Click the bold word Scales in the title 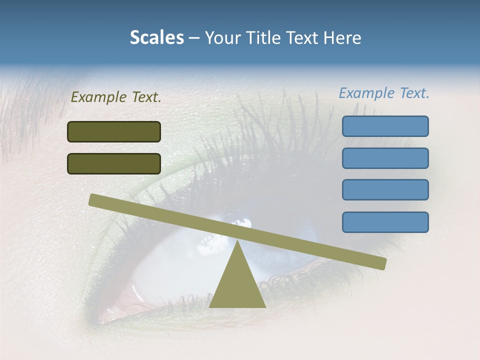point(156,37)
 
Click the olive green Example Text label point(116,97)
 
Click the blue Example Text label point(384,93)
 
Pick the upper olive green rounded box point(114,131)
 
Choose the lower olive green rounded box point(114,163)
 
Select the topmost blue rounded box point(385,126)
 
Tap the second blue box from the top point(385,158)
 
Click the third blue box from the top point(385,190)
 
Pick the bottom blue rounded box point(385,222)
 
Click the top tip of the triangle point(237,242)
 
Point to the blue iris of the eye point(305,235)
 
